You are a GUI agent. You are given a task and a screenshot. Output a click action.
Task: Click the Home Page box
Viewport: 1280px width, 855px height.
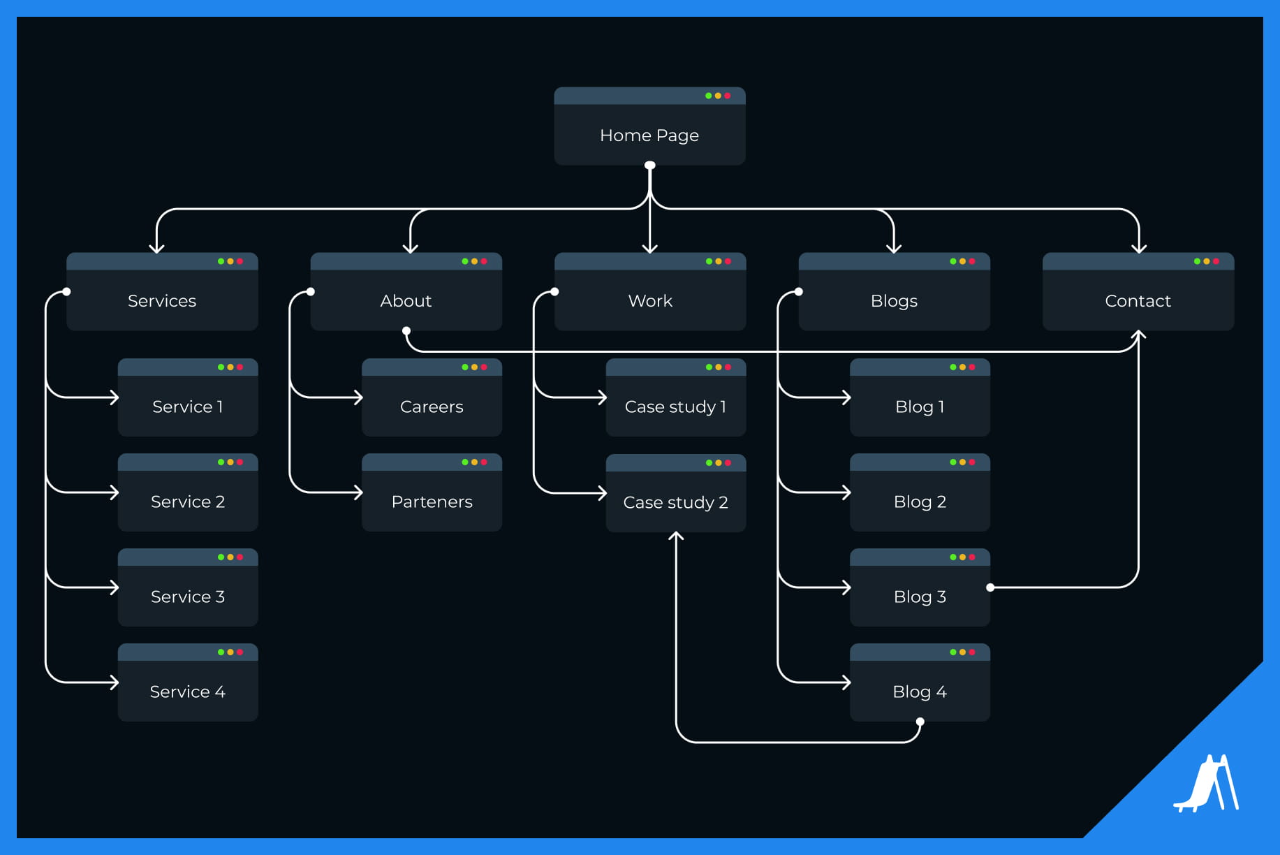tap(649, 135)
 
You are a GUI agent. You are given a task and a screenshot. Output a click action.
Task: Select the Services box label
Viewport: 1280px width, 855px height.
tap(162, 300)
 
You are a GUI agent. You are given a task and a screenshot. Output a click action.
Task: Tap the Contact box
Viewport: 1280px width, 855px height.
tap(1138, 300)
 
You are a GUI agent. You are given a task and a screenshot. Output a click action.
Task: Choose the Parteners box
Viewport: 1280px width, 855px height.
tap(432, 501)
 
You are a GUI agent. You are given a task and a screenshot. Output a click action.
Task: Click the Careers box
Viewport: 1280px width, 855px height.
tap(432, 406)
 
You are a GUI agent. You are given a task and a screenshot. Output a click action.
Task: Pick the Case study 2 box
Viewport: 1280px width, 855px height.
tap(675, 502)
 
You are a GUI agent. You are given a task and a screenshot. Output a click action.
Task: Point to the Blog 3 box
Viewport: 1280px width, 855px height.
tap(920, 596)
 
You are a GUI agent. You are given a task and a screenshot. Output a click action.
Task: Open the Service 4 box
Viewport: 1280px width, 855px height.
tap(187, 691)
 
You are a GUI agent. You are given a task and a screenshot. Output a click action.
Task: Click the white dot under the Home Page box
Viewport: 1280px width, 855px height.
tap(650, 166)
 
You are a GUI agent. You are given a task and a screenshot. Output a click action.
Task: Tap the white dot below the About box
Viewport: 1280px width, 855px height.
tap(406, 330)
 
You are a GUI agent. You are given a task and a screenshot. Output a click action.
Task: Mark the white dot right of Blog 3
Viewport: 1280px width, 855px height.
tap(990, 587)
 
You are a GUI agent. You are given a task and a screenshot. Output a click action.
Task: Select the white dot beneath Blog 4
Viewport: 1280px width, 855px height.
tap(920, 722)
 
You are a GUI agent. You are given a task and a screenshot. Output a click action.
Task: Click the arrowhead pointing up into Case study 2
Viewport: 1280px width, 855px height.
tap(676, 536)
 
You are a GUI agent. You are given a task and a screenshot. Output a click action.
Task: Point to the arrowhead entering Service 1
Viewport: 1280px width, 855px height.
tap(115, 397)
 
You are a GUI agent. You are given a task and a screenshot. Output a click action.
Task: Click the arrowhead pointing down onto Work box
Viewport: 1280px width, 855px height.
tap(650, 249)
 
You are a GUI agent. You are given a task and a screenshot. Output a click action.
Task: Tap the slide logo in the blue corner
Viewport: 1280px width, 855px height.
tap(1206, 784)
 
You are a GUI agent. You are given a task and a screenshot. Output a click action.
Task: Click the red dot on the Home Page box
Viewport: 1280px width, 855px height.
tap(727, 96)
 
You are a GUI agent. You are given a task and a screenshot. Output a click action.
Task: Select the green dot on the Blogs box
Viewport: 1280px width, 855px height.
tap(952, 261)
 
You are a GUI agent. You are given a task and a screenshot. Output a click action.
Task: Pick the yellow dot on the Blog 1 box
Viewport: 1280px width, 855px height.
tap(962, 367)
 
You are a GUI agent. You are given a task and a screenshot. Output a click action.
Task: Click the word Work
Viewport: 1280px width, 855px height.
tap(650, 300)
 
